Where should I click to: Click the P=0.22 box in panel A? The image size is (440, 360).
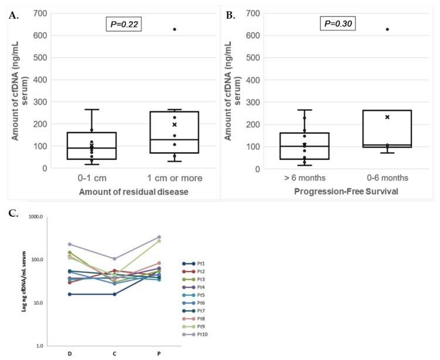(123, 23)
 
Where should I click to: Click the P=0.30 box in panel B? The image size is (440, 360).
(337, 23)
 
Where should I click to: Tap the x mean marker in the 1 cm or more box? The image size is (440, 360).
(174, 125)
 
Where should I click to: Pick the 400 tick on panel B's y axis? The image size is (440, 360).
(254, 80)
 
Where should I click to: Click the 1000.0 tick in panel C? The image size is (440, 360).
(36, 217)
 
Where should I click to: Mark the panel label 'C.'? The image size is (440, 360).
(12, 213)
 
